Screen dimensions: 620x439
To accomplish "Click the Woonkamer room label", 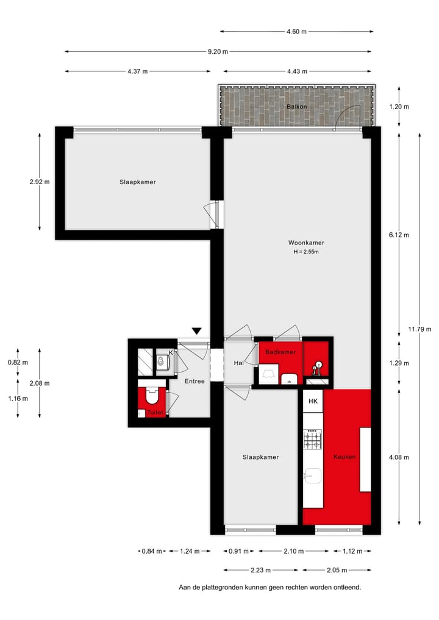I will click(306, 243).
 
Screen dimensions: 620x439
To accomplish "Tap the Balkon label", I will click(296, 107).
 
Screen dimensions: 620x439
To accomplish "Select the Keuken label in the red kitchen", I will click(344, 457).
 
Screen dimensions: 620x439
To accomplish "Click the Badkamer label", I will click(280, 352).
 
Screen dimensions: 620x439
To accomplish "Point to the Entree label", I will click(195, 381).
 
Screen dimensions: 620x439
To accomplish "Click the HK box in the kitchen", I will click(313, 401).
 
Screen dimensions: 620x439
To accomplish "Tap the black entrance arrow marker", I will click(196, 331).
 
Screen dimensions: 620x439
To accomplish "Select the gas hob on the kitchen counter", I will click(313, 439).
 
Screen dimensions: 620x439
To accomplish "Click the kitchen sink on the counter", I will click(313, 476).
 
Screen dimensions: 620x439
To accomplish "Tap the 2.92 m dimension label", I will click(39, 182).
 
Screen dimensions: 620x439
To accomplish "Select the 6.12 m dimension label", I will click(399, 235).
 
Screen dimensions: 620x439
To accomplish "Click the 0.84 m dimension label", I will click(152, 552).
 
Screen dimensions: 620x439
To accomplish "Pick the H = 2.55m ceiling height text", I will click(306, 252).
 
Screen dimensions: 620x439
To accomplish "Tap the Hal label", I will click(239, 363).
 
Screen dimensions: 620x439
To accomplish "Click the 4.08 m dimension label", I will click(399, 457).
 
